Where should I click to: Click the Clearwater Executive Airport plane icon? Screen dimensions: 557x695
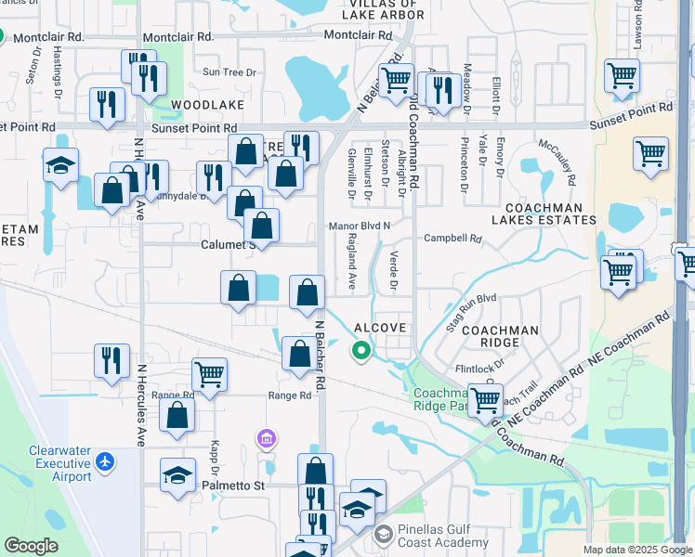pos(106,460)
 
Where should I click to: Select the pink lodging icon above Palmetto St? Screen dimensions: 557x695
pos(266,437)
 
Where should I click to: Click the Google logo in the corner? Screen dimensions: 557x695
pos(31,546)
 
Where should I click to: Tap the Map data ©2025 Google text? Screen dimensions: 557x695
pos(637,550)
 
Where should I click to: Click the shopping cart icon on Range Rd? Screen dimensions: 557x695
pos(209,374)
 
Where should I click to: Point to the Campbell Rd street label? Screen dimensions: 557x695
pos(452,239)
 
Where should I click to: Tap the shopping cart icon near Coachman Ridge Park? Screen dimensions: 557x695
pos(485,400)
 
